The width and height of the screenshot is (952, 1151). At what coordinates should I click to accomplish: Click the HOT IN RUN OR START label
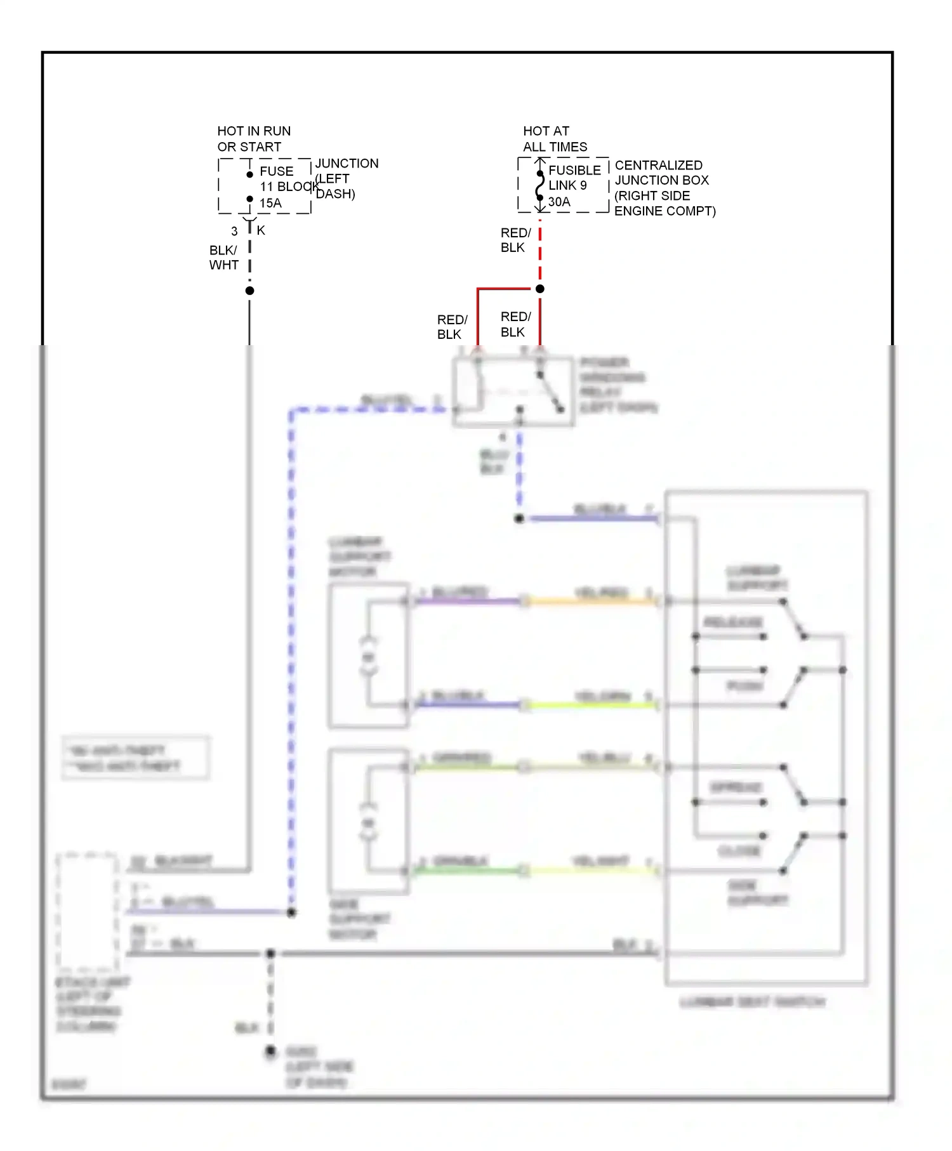253,139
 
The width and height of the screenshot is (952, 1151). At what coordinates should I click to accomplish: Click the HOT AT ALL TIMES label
554,139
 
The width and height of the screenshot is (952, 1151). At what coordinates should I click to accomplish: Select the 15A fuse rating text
270,203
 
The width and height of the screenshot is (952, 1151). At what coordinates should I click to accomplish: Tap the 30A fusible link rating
559,202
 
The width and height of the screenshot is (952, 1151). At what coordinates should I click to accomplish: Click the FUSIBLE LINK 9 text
574,178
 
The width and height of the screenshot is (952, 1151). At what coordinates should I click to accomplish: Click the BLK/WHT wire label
223,258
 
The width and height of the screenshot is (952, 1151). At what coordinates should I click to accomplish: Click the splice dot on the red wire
540,289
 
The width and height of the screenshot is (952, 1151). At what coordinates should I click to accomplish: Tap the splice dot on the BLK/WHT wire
250,291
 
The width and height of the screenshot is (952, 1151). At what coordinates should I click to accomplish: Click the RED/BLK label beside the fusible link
515,240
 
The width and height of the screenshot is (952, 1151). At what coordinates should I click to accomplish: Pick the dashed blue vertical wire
291,660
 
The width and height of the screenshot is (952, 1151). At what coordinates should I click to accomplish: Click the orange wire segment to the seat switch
590,600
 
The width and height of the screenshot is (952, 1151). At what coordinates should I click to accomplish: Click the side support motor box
368,821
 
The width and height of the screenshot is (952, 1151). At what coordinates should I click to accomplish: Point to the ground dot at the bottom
270,1052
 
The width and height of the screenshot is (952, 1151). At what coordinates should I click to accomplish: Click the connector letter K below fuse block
261,230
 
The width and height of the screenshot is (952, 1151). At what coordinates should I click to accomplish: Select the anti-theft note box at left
135,758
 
